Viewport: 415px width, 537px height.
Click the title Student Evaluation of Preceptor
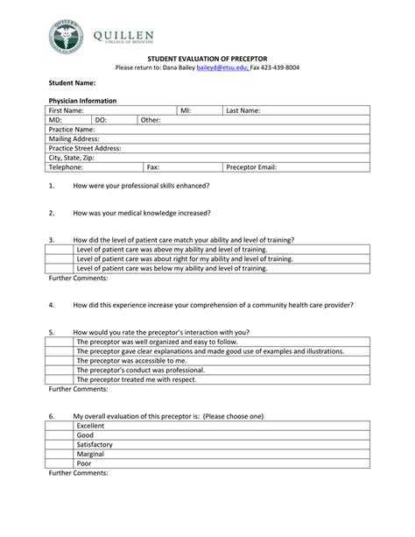[x=207, y=57]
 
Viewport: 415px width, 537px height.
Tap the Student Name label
[x=71, y=83]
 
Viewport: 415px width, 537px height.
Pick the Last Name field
[x=297, y=111]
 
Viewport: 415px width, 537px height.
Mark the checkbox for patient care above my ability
[x=60, y=250]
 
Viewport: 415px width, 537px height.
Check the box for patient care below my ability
[x=60, y=268]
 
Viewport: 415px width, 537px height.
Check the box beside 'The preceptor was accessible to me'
[x=60, y=360]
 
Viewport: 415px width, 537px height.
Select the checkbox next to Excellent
[x=60, y=426]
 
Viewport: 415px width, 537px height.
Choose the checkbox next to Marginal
[x=60, y=454]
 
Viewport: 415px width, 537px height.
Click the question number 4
[x=52, y=305]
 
